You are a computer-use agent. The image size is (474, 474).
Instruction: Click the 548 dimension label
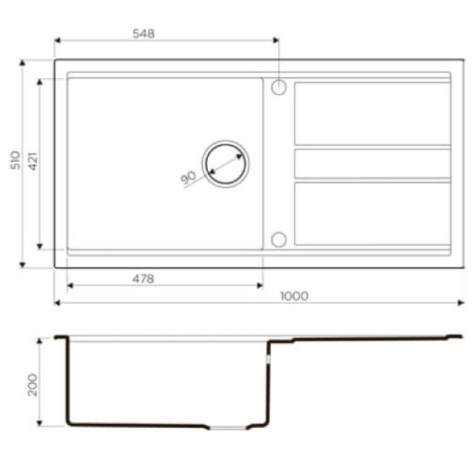[143, 33]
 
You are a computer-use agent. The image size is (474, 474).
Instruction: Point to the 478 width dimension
[143, 278]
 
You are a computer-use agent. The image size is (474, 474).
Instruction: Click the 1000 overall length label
[294, 296]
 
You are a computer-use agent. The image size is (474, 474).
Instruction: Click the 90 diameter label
[189, 177]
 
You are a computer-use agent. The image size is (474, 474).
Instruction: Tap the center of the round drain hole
[225, 163]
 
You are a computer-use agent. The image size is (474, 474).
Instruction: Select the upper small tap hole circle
[278, 87]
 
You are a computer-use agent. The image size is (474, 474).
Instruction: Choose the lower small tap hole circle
[278, 239]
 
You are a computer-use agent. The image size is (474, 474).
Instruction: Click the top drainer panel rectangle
[372, 113]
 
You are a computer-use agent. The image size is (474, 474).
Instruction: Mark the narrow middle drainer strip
[372, 163]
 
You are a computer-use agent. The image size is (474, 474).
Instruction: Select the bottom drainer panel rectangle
[372, 213]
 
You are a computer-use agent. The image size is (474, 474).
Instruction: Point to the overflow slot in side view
[268, 357]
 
